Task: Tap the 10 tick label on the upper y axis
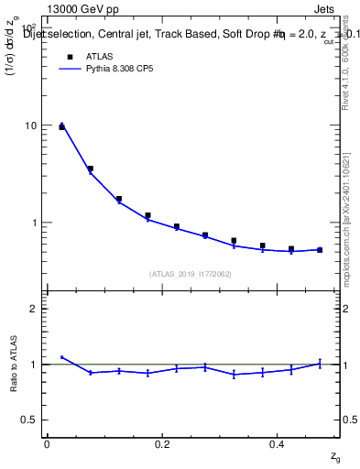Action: pos(30,125)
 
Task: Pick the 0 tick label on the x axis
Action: pos(47,443)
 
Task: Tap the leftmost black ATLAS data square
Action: pos(61,127)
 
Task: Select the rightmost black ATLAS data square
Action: pos(320,249)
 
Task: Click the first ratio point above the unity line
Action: pos(61,357)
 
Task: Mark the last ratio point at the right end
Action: pos(320,363)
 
